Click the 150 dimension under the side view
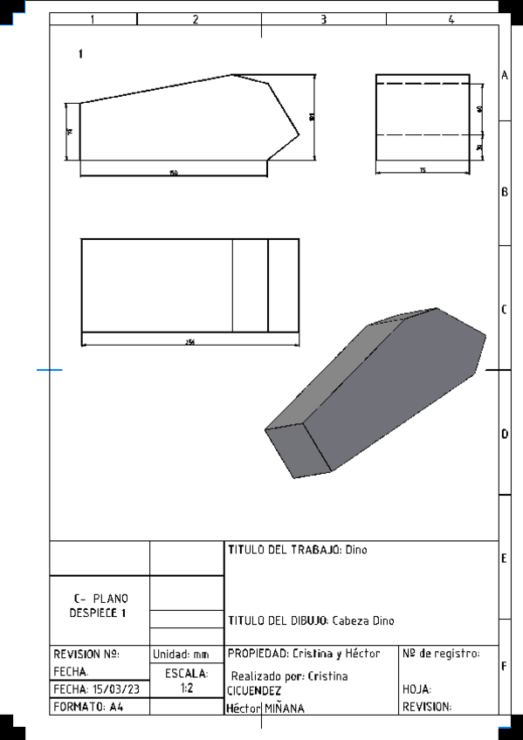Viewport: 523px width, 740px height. pos(173,173)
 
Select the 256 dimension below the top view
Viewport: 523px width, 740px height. pos(189,341)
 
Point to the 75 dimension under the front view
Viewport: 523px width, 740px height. pos(423,170)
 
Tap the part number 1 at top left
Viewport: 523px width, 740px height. pos(80,54)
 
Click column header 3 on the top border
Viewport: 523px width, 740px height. pos(323,19)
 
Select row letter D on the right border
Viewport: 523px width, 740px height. pos(505,434)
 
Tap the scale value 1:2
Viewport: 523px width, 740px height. pos(186,689)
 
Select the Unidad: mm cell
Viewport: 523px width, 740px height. pos(186,654)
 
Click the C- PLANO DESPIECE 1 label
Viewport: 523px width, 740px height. pos(100,606)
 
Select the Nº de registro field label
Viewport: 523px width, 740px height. pos(441,654)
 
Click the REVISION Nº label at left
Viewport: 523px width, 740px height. pos(86,654)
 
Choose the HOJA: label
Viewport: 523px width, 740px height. pos(417,689)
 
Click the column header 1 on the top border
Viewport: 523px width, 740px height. pos(93,19)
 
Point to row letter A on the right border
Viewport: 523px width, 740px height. pos(505,76)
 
